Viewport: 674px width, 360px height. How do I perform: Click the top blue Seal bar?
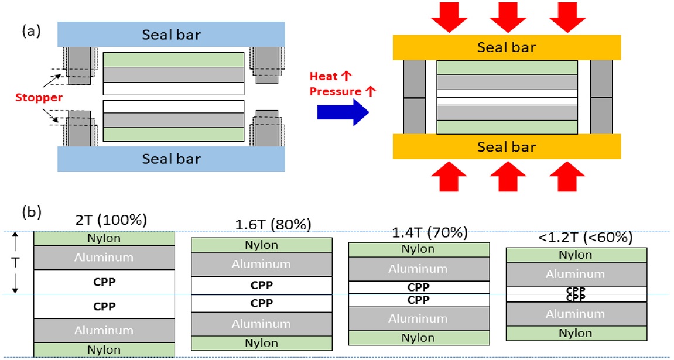coord(171,35)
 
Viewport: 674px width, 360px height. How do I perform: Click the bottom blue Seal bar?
coord(171,159)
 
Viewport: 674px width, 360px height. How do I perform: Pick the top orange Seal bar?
coord(507,47)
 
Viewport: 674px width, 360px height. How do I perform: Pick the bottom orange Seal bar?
coord(507,147)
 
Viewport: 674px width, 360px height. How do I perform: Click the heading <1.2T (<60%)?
coord(577,238)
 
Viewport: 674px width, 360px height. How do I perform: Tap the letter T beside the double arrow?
coord(17,262)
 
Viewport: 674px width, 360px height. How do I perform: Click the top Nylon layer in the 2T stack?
coord(104,238)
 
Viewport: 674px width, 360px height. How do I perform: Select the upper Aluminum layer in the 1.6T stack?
coord(261,264)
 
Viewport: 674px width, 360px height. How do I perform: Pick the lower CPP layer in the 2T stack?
coord(104,306)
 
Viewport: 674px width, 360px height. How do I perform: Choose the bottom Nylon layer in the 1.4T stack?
coord(418,338)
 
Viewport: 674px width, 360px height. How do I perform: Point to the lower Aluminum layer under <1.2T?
coord(576,314)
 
